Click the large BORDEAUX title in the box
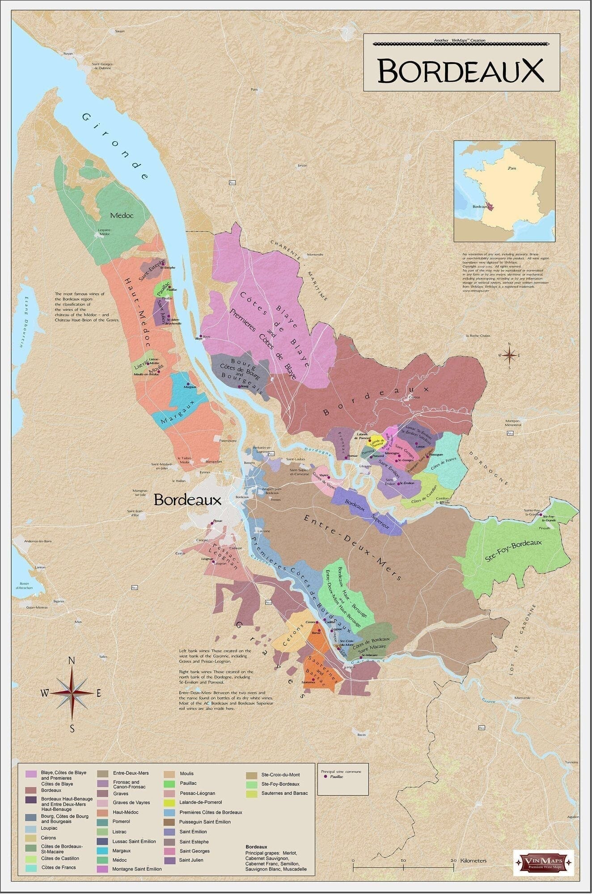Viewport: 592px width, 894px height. pos(461,71)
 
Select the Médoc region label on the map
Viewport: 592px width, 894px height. pos(122,215)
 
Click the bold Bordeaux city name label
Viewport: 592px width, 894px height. pos(187,500)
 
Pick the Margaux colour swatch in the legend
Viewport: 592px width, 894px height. pos(103,851)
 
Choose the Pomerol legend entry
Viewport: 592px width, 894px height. pos(121,821)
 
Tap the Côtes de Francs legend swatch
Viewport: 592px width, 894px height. pos(31,868)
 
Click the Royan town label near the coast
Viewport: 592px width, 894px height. pos(68,54)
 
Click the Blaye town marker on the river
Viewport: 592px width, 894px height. pos(201,336)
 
